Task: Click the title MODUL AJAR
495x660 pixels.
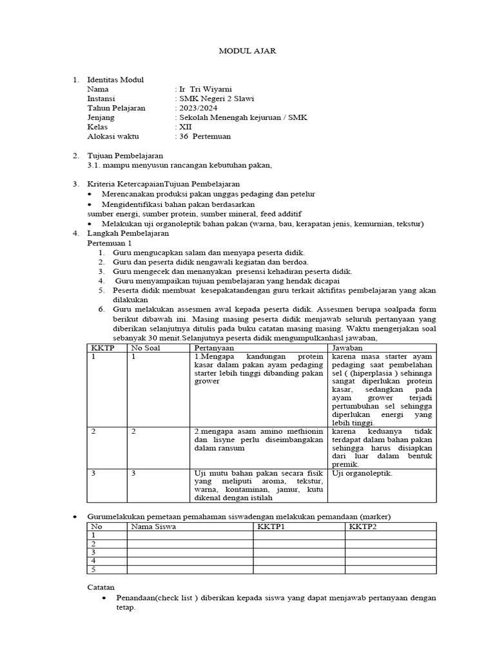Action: click(248, 51)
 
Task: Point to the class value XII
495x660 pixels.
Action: click(185, 127)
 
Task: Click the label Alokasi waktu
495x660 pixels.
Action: click(113, 137)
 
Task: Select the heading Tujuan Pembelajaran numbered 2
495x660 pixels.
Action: click(125, 156)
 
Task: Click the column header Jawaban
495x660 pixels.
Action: click(348, 348)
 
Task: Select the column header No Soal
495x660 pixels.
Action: click(146, 348)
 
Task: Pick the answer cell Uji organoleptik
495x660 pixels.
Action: click(362, 473)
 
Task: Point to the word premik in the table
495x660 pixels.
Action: click(345, 464)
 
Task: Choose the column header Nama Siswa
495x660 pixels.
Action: click(153, 527)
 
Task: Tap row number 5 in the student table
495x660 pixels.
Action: click(93, 569)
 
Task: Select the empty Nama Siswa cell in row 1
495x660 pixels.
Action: click(189, 535)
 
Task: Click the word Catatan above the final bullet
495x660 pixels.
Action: click(101, 587)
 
